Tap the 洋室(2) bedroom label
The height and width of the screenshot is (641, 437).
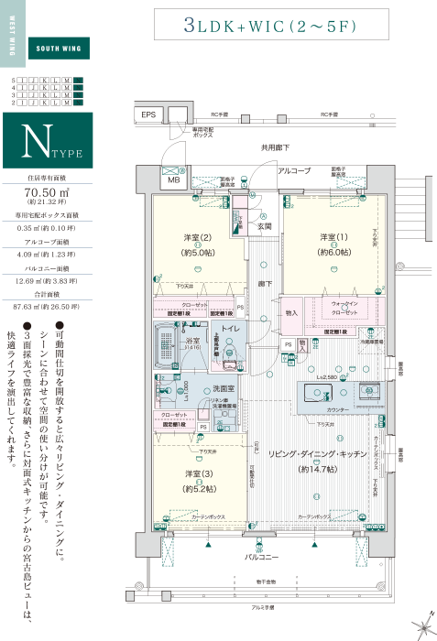pyautogui.click(x=199, y=237)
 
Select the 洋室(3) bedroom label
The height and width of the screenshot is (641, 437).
pyautogui.click(x=198, y=473)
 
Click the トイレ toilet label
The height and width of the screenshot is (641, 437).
pyautogui.click(x=230, y=327)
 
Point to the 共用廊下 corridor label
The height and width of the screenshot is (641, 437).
pyautogui.click(x=272, y=147)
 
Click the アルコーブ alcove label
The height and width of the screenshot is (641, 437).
pyautogui.click(x=295, y=171)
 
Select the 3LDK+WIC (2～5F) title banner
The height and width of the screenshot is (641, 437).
pyautogui.click(x=269, y=27)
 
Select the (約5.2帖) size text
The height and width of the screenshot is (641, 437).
pyautogui.click(x=198, y=487)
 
